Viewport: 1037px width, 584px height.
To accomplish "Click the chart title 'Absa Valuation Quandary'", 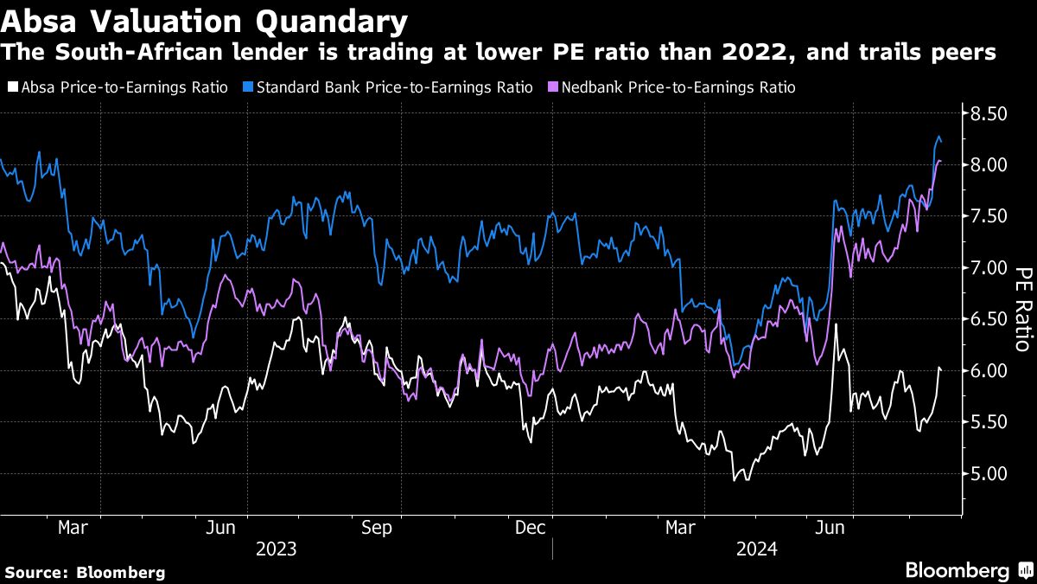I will pyautogui.click(x=205, y=20).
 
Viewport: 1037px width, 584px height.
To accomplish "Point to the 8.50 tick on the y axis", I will pyautogui.click(x=988, y=113).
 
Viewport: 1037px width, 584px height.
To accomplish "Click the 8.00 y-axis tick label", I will pyautogui.click(x=988, y=164).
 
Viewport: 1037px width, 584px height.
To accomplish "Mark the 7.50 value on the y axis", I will pyautogui.click(x=988, y=216).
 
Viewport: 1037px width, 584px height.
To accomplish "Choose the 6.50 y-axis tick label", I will pyautogui.click(x=988, y=319).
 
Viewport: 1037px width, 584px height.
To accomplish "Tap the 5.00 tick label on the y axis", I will pyautogui.click(x=988, y=473).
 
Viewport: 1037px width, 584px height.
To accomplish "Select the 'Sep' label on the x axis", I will pyautogui.click(x=376, y=528).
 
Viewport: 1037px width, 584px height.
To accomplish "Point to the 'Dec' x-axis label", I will pyautogui.click(x=529, y=528).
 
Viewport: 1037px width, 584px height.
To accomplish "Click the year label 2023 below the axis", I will pyautogui.click(x=275, y=549).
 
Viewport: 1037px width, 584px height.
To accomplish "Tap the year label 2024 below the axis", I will pyautogui.click(x=756, y=549).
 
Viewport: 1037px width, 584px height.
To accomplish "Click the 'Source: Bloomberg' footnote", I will pyautogui.click(x=85, y=572).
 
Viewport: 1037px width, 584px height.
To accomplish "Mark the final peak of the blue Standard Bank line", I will pyautogui.click(x=939, y=137).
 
